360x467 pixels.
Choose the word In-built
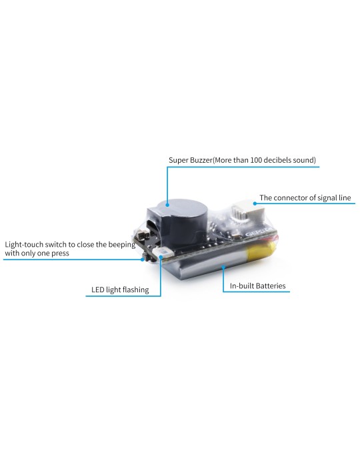243,286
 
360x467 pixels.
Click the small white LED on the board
165,254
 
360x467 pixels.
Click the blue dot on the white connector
255,203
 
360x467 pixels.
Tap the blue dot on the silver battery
223,265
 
